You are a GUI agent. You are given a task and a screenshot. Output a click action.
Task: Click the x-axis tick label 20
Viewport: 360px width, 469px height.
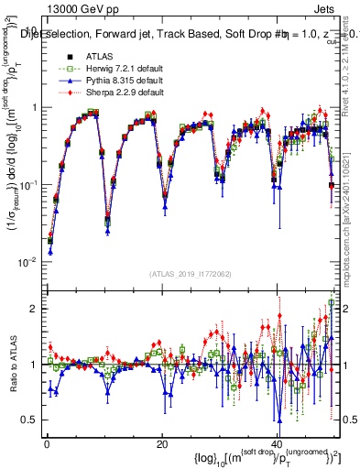tap(161, 444)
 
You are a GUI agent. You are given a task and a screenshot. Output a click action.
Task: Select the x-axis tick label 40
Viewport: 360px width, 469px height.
tap(277, 444)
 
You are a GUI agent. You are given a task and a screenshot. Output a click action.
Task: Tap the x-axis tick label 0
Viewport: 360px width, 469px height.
tap(46, 444)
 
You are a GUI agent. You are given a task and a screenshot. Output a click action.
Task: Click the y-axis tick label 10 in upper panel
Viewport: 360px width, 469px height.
tap(31, 28)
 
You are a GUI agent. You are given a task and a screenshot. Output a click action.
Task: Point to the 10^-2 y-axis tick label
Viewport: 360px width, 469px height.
tap(27, 262)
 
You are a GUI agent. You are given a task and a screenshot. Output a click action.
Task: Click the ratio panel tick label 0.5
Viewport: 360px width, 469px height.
tap(30, 420)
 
